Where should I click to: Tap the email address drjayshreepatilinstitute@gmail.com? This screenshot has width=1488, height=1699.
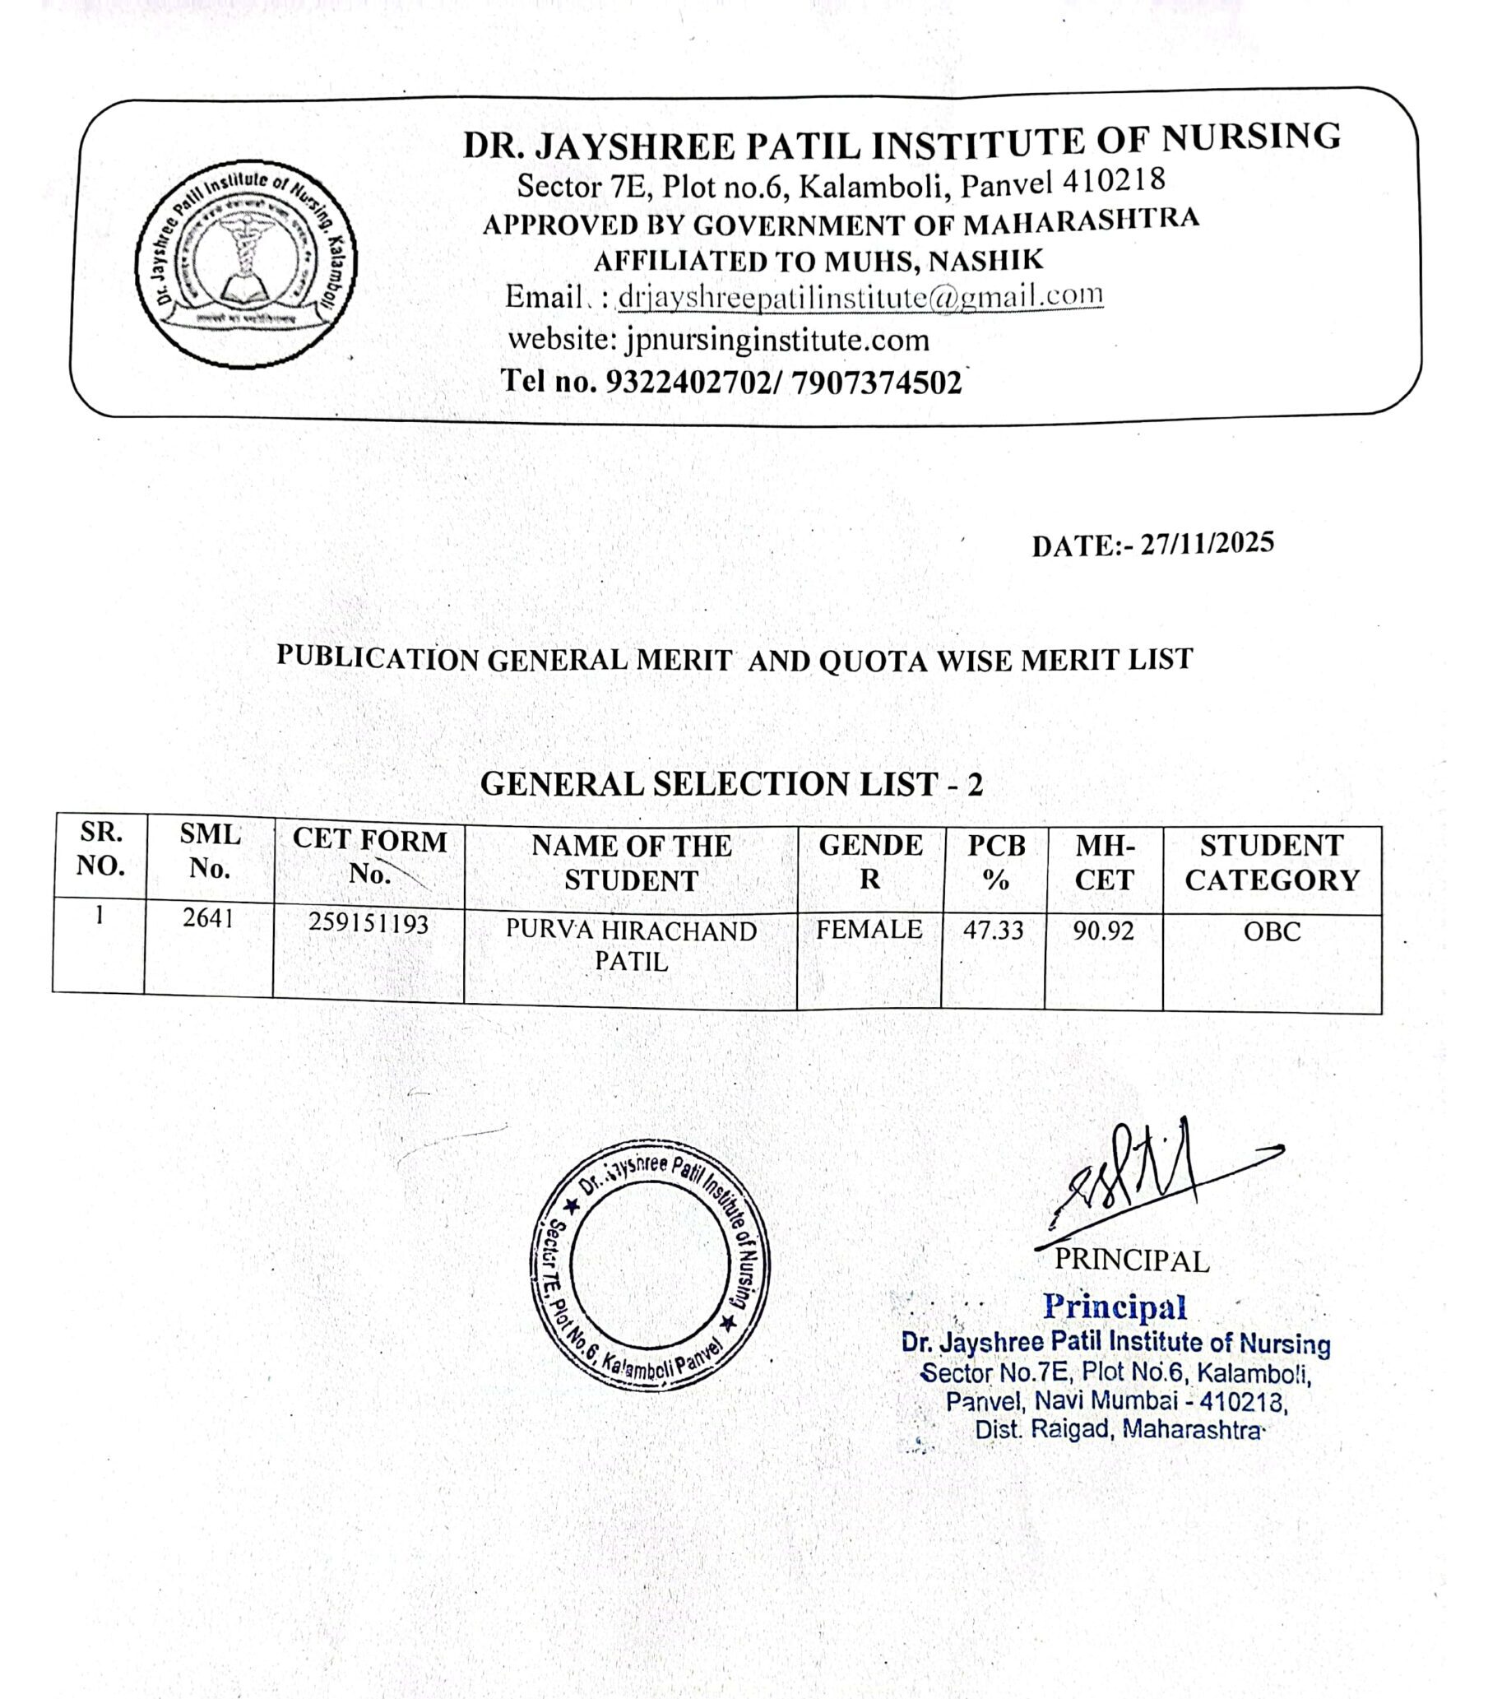[860, 296]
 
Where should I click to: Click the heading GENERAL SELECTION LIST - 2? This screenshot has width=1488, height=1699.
[730, 784]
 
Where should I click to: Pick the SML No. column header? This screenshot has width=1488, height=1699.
[209, 852]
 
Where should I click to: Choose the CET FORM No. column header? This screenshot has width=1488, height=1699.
[369, 856]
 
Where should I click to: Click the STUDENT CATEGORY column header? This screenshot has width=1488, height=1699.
[1272, 863]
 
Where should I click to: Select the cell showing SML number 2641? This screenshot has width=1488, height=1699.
[207, 919]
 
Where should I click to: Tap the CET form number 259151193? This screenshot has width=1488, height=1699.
[368, 923]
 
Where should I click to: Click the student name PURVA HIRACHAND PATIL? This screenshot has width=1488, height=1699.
[631, 946]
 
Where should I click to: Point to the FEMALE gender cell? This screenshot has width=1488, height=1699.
[869, 929]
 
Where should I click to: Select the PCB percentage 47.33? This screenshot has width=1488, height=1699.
[993, 930]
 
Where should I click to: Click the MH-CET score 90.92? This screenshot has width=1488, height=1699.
[1103, 931]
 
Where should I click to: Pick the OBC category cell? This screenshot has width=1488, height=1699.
[1272, 931]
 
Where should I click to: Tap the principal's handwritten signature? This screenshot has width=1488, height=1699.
[1138, 1180]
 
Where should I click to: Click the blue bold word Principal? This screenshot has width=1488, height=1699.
[1115, 1307]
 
